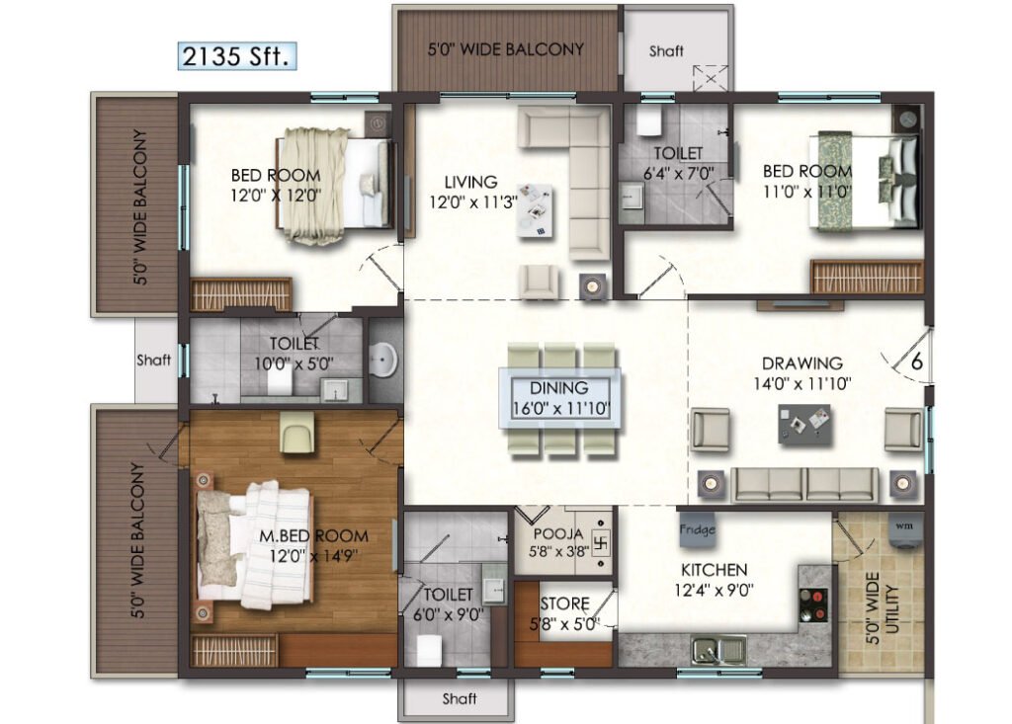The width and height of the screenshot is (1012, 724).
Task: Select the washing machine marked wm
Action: (x=904, y=530)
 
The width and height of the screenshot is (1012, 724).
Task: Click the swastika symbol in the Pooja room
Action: (x=601, y=542)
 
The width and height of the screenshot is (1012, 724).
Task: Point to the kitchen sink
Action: (x=719, y=650)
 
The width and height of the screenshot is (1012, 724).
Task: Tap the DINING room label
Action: (x=559, y=388)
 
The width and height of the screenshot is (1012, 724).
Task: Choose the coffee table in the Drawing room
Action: (x=804, y=424)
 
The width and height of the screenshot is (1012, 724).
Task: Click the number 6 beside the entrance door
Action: (x=916, y=362)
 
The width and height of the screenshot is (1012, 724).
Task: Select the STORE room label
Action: (x=564, y=603)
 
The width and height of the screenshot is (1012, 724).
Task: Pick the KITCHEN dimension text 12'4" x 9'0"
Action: (x=714, y=590)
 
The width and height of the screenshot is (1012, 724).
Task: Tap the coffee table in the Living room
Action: (x=535, y=211)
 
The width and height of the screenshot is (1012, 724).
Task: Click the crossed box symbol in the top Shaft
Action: (x=710, y=78)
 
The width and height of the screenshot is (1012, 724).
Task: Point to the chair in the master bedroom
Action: (x=296, y=433)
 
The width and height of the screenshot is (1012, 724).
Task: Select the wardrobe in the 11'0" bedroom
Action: (x=867, y=277)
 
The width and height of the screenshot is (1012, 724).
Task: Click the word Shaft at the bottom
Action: (x=460, y=698)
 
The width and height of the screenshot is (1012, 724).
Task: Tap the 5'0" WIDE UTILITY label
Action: (x=883, y=607)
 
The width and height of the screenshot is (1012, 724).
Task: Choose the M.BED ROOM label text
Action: (x=313, y=535)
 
